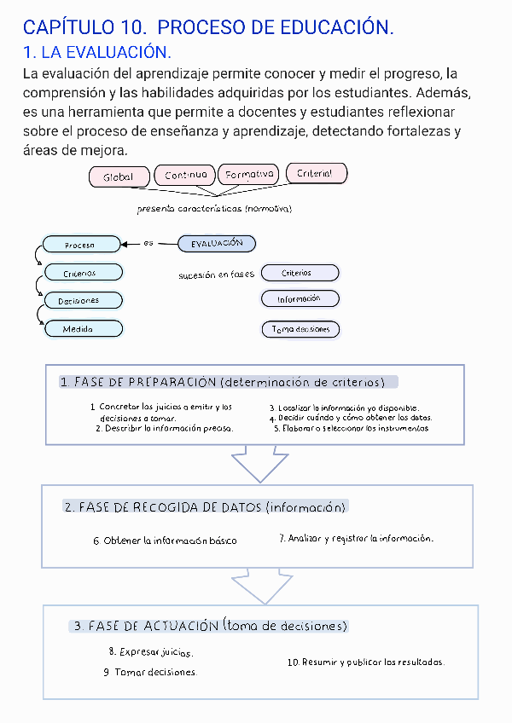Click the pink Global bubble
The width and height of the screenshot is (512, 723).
click(x=119, y=177)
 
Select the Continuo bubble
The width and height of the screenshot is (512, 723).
click(x=186, y=175)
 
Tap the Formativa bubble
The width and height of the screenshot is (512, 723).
click(x=249, y=175)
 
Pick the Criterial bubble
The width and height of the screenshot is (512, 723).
click(x=316, y=173)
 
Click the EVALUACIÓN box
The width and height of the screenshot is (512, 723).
click(x=217, y=244)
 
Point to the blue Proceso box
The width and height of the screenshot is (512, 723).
click(x=82, y=246)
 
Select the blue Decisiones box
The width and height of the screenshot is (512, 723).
click(x=82, y=300)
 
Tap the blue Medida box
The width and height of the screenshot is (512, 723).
click(x=82, y=328)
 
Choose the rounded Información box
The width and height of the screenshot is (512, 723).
click(x=300, y=299)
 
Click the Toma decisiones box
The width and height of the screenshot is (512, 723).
click(x=300, y=329)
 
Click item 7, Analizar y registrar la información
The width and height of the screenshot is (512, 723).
click(x=357, y=539)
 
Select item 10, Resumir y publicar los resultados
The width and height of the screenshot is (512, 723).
click(x=365, y=662)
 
